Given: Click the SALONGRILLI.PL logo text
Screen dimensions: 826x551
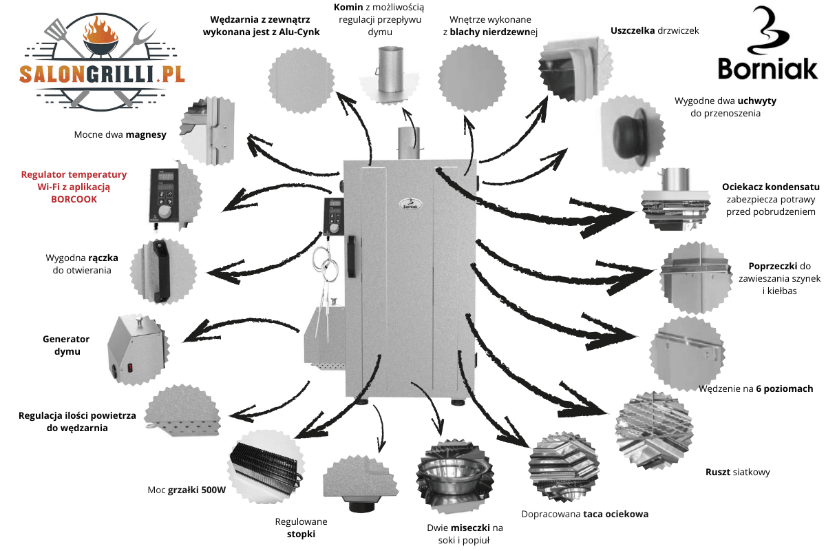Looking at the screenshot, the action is [102, 74].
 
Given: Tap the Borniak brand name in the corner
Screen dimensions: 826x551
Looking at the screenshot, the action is [767, 69].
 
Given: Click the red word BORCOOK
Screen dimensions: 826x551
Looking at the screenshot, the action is [74, 199].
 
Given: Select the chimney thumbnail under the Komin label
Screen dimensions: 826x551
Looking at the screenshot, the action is [390, 74].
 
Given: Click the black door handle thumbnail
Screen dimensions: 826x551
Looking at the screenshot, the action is [162, 271].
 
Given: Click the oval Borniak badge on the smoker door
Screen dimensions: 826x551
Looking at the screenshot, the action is [410, 205].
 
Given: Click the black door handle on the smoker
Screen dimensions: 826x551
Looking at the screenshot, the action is [352, 256].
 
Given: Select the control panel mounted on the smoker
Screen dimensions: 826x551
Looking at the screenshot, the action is [333, 216].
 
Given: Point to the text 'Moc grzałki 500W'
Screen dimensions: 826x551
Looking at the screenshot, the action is [187, 490].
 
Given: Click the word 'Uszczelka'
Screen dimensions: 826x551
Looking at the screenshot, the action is [633, 30].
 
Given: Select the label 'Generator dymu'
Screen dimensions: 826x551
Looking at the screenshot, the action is [66, 345].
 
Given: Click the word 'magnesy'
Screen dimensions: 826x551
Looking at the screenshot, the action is [146, 135].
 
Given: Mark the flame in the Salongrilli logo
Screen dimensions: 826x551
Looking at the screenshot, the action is [100, 28].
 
